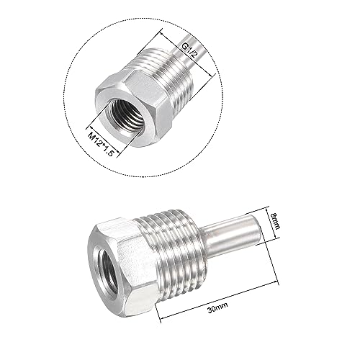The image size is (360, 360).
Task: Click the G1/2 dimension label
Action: click(189, 52)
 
